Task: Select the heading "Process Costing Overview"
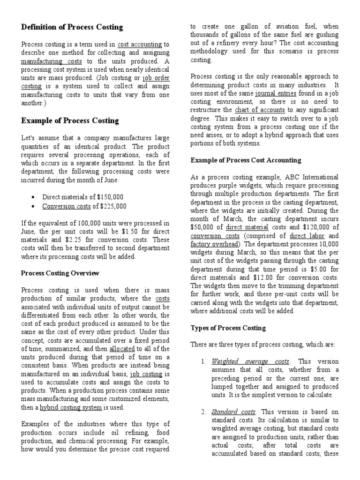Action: coord(60,272)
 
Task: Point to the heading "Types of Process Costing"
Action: coord(228,328)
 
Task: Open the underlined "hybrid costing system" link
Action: coord(71,408)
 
